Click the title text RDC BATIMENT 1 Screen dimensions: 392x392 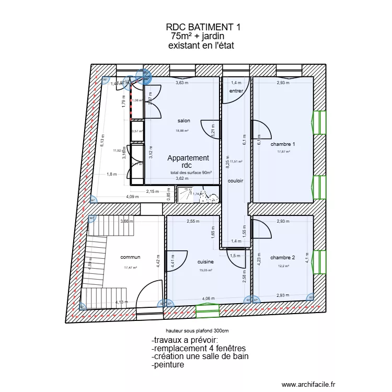coord(203,27)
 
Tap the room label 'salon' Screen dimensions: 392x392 coord(184,121)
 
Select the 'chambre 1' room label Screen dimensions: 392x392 coord(283,144)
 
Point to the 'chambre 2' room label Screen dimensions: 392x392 coord(283,257)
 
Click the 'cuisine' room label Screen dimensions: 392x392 coord(205,262)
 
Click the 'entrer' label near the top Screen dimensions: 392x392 coord(237,91)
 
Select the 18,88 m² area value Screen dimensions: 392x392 coord(182,131)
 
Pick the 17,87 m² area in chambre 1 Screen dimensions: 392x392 coord(283,152)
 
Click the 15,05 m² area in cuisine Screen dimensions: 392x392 coord(206,270)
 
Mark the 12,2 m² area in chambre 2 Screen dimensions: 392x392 coord(283,266)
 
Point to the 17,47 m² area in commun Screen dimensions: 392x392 coord(130,267)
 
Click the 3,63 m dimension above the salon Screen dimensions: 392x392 coord(182,83)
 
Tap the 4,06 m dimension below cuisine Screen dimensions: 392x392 coord(209,299)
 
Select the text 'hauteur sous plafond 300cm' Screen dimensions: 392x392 coord(197,331)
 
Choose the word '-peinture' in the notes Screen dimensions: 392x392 coord(167,365)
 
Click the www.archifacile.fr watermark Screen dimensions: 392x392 coord(308,383)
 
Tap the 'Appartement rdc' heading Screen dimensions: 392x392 coord(188,162)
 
